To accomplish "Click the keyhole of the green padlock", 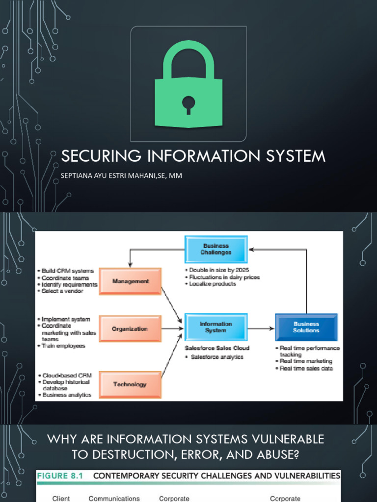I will coord(188,104).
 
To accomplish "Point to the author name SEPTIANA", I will coord(78,175).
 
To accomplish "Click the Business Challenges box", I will coord(216,249).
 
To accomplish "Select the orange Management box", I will coord(130,281).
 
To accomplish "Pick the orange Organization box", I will coord(130,329).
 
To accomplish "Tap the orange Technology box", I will coord(130,384).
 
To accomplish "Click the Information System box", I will coord(216,327).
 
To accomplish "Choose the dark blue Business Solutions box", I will coord(306,327).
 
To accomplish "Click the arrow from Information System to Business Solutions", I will coord(261,328).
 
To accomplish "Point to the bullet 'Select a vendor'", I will coord(62,291).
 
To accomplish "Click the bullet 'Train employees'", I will coord(63,346).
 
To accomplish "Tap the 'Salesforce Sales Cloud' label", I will coord(217,348).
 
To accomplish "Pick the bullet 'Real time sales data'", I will coord(306,368).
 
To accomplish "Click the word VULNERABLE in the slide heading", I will coord(283,439).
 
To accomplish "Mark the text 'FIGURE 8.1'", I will coord(60,476).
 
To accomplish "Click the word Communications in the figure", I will coord(114,499).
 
